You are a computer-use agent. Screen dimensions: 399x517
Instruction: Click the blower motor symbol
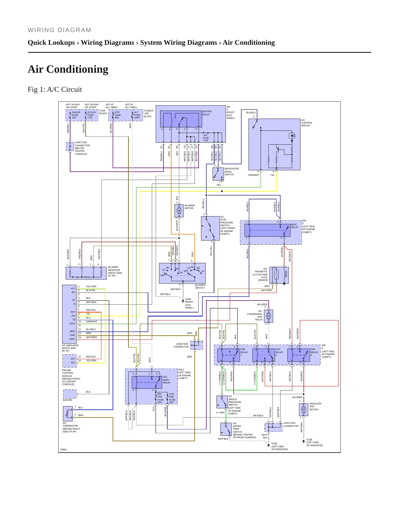pyautogui.click(x=179, y=211)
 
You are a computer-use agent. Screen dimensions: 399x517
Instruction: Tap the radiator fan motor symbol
pyautogui.click(x=303, y=410)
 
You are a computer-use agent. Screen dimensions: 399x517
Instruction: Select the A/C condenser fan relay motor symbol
pyautogui.click(x=268, y=316)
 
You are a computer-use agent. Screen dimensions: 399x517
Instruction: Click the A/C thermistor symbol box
pyautogui.click(x=68, y=413)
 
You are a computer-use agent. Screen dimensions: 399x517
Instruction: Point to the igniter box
pyautogui.click(x=70, y=394)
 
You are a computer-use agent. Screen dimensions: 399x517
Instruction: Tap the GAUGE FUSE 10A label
pyautogui.click(x=76, y=115)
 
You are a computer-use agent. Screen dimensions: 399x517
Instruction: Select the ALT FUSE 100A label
pyautogui.click(x=137, y=115)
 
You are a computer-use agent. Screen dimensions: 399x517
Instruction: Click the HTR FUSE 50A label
pyautogui.click(x=118, y=115)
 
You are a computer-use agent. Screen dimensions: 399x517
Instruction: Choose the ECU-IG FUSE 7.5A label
pyautogui.click(x=91, y=115)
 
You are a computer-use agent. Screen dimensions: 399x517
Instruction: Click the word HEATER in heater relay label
pyautogui.click(x=207, y=111)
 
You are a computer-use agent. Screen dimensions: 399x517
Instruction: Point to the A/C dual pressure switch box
pyautogui.click(x=210, y=228)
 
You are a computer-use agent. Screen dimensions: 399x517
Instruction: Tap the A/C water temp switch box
pyautogui.click(x=226, y=429)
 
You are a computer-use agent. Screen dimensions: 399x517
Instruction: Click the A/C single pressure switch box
pyautogui.click(x=222, y=402)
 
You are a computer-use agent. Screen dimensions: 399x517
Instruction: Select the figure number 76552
pyautogui.click(x=63, y=450)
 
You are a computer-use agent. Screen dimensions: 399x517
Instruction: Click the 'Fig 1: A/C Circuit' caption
pyautogui.click(x=55, y=90)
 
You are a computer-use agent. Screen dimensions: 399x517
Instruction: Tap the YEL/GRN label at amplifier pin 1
pyautogui.click(x=91, y=286)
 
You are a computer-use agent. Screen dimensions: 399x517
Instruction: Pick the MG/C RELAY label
pyautogui.click(x=294, y=226)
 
